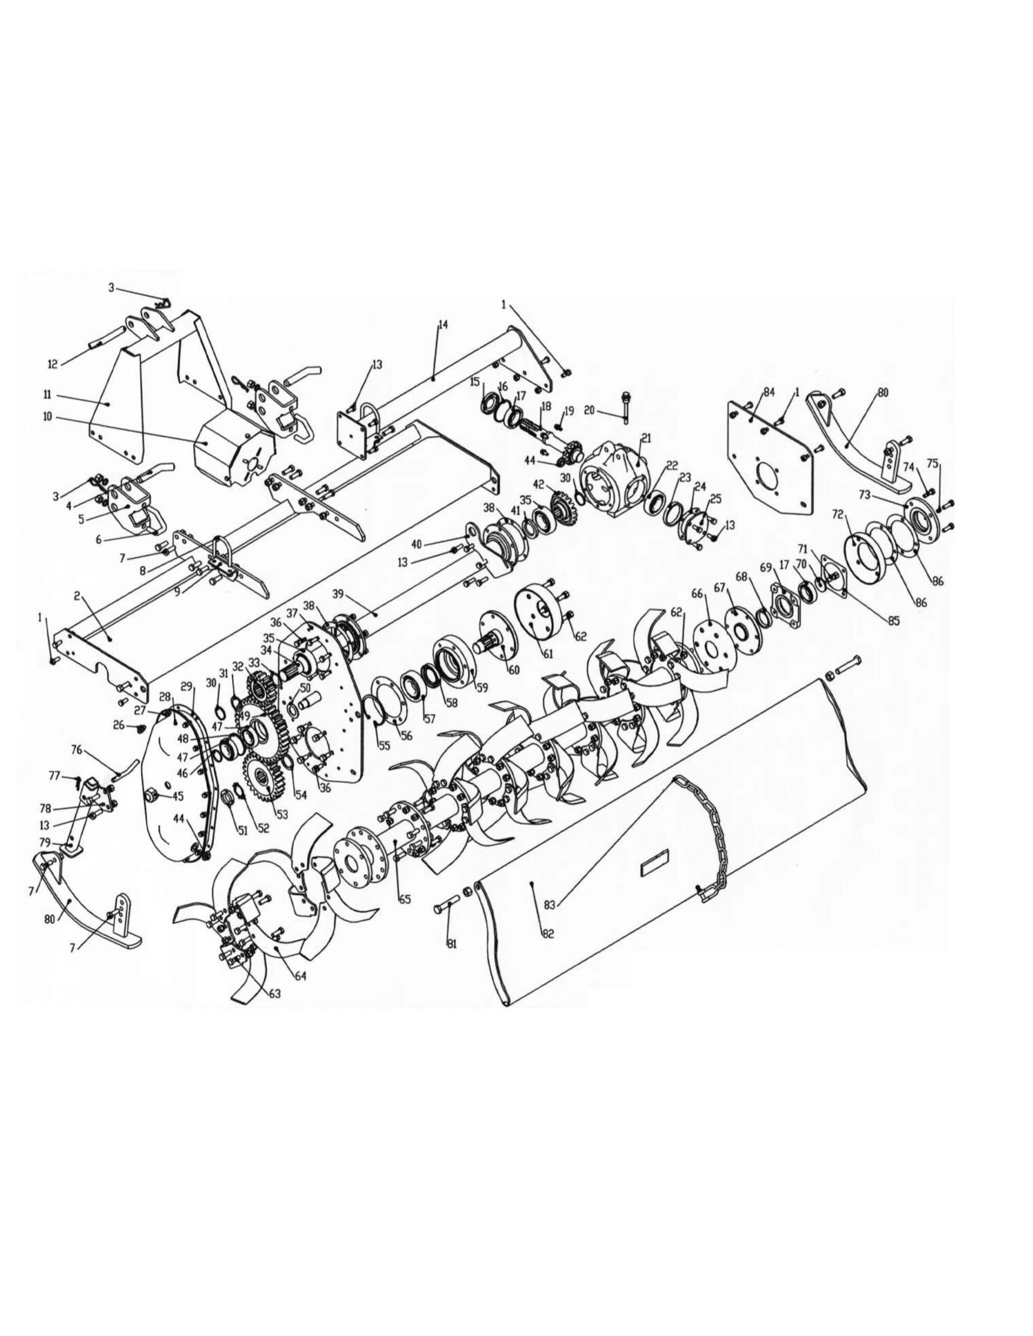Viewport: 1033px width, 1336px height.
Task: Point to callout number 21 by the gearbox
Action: pyautogui.click(x=646, y=438)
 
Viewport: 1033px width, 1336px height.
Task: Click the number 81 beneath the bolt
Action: pyautogui.click(x=452, y=944)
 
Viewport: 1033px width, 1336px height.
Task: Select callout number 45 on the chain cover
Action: pyautogui.click(x=177, y=796)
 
